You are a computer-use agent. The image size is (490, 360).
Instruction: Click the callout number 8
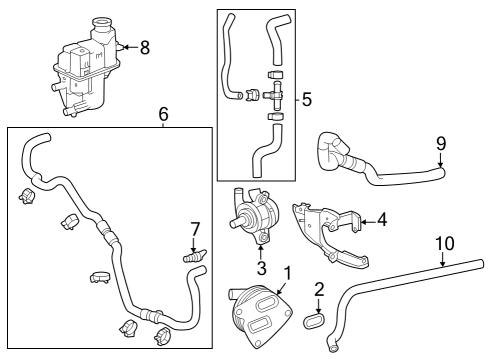tap(145, 46)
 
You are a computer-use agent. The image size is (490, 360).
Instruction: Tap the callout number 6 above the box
tap(163, 114)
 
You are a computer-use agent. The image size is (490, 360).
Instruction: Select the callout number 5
tap(306, 99)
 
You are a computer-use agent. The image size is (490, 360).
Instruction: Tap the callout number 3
tap(262, 268)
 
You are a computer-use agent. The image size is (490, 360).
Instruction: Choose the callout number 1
tap(287, 272)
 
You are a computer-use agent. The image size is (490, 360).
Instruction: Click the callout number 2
tap(319, 290)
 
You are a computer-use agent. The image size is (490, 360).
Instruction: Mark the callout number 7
tap(196, 232)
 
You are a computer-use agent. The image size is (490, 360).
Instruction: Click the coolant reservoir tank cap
tap(102, 24)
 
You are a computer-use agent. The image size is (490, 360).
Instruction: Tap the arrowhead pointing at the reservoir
tap(123, 46)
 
